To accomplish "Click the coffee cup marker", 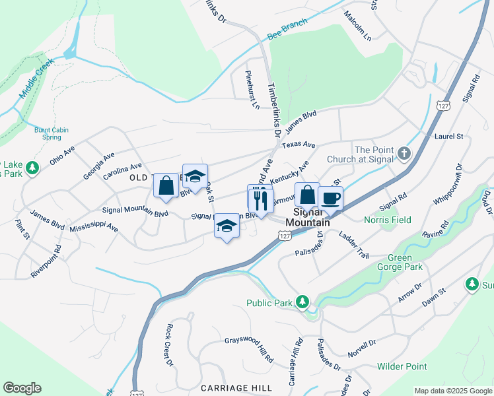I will click(330, 198).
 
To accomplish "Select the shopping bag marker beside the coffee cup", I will click(307, 195).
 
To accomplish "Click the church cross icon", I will click(405, 154).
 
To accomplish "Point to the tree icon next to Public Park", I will click(302, 302).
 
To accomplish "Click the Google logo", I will click(22, 388).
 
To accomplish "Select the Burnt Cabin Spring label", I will click(48, 133).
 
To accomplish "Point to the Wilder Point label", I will click(402, 366).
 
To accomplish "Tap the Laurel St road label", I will click(449, 137).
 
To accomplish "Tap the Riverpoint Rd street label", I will click(46, 261).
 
